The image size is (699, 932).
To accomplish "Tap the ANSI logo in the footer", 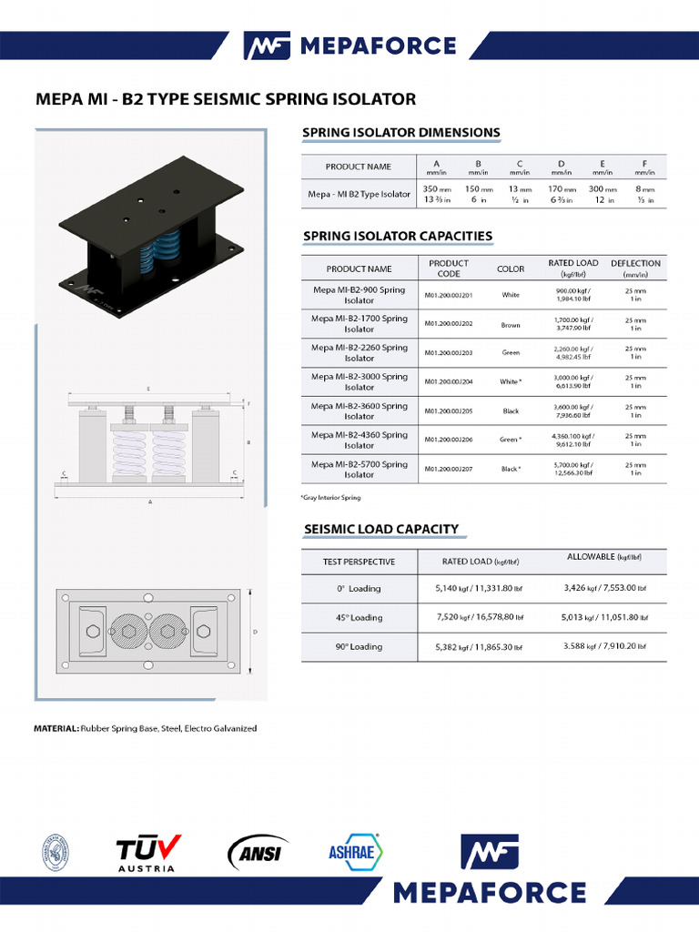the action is (x=258, y=853).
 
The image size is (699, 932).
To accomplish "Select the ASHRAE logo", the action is (x=353, y=852).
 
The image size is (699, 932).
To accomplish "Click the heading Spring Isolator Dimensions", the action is (x=400, y=133).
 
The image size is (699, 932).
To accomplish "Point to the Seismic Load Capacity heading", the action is (x=380, y=529).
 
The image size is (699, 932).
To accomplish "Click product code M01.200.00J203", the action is (x=448, y=353).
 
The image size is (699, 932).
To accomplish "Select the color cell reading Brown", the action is (x=511, y=324).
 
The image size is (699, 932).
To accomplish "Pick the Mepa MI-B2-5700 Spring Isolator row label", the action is (x=359, y=470).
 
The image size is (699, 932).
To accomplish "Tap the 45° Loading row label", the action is (x=359, y=618).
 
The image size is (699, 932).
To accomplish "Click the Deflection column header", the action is (x=635, y=268).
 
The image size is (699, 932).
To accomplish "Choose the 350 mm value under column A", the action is (x=431, y=189).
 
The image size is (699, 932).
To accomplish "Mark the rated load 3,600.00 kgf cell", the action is (x=573, y=411).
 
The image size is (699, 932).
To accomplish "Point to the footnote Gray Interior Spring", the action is (x=330, y=498).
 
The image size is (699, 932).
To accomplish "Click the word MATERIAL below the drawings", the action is (x=56, y=728).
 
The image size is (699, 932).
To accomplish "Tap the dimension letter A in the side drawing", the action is (x=150, y=501).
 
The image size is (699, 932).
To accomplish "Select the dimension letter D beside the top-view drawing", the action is (x=254, y=631).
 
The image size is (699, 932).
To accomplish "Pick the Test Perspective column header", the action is (x=359, y=562).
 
